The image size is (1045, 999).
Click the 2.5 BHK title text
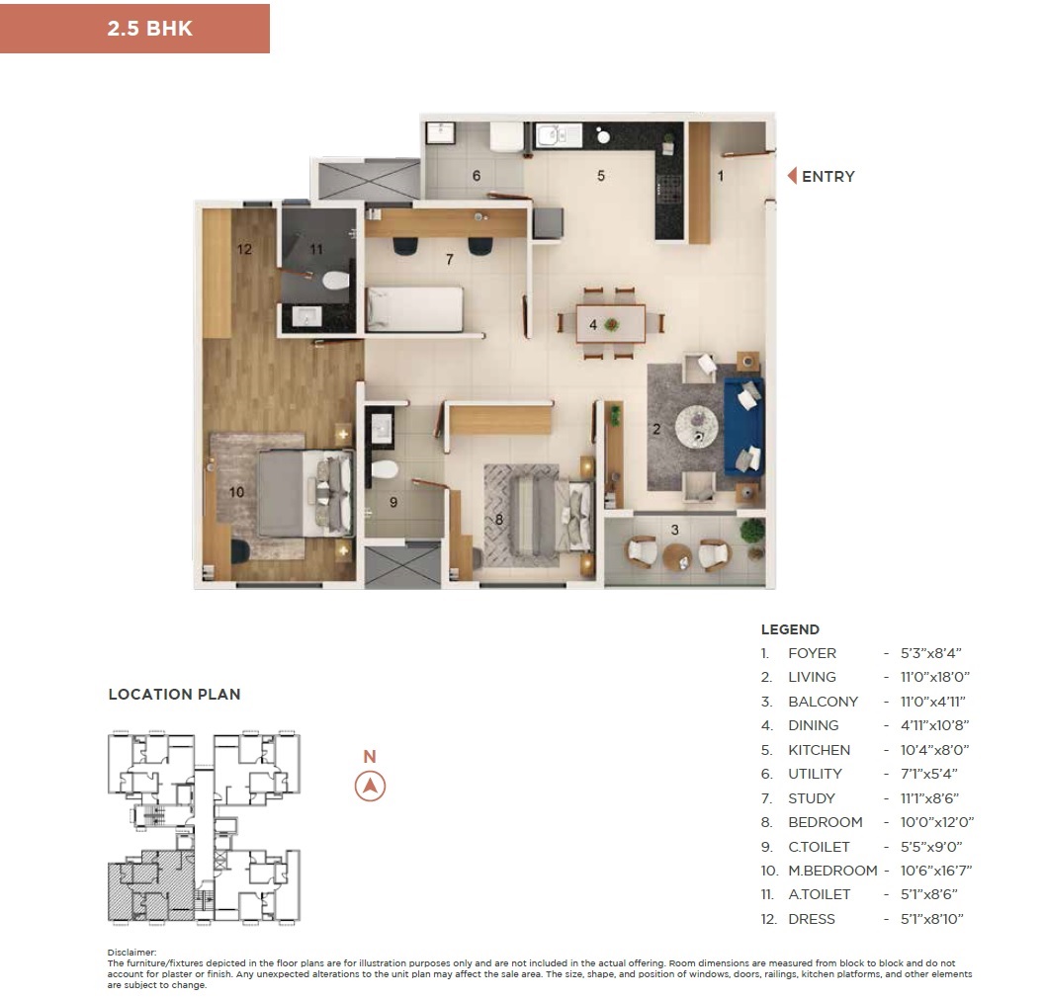click(150, 29)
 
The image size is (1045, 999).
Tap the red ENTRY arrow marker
click(793, 176)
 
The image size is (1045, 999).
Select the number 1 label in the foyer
click(721, 176)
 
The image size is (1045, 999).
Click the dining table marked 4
click(610, 324)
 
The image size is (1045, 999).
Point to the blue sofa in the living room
click(743, 427)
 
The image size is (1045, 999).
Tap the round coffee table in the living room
click(697, 426)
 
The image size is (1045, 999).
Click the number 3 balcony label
click(675, 531)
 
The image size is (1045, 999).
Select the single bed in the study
click(414, 309)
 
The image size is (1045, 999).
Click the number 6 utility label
click(477, 176)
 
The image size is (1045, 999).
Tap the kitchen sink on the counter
click(559, 135)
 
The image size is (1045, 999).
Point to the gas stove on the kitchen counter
click(669, 187)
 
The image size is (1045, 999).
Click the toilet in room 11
click(335, 281)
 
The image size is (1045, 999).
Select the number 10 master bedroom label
click(236, 492)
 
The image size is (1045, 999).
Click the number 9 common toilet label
click(393, 502)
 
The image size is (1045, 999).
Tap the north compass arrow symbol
click(370, 786)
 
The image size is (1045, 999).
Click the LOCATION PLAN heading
click(175, 694)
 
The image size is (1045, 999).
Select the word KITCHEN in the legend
click(819, 750)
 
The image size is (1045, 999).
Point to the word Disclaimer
click(131, 953)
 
